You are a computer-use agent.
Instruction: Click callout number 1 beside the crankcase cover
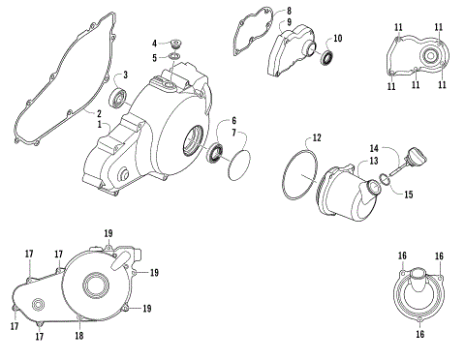tap(97, 124)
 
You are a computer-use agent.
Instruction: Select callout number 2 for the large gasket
tap(97, 114)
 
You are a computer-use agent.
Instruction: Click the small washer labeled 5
tap(174, 59)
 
